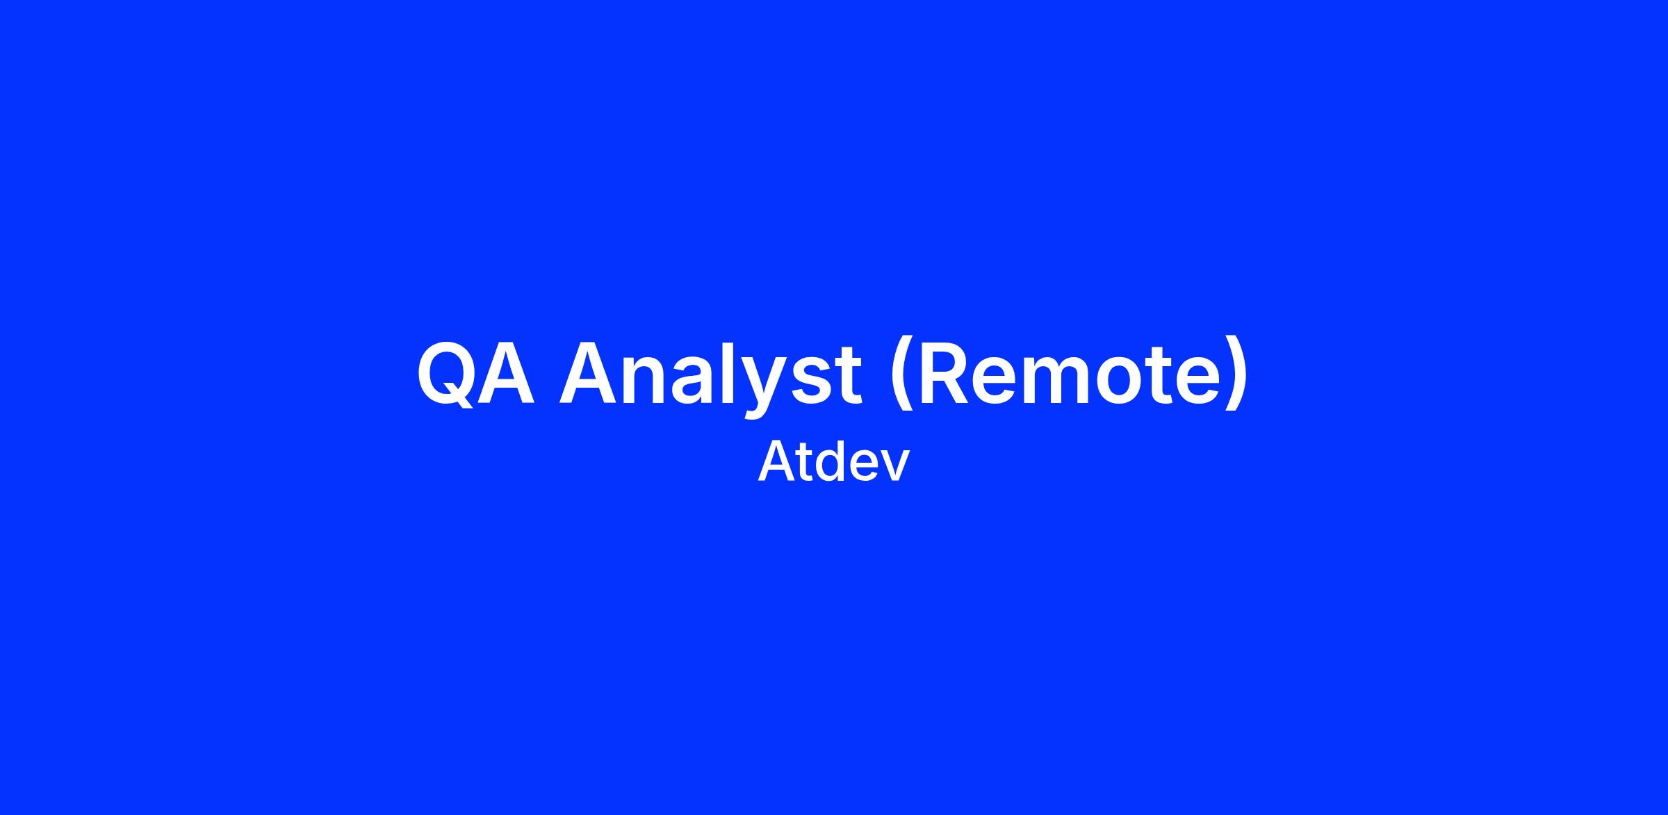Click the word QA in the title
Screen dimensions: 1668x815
(476, 372)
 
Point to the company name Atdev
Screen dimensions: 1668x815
(833, 462)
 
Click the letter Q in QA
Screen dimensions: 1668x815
(445, 373)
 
